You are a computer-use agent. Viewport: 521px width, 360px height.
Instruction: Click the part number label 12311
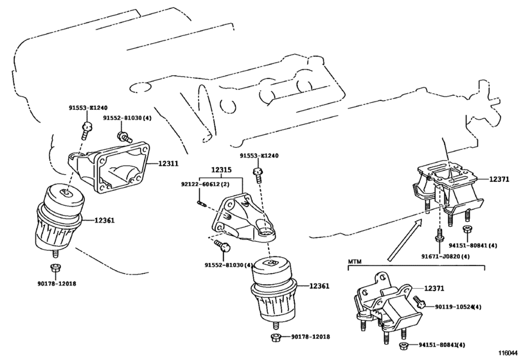pyautogui.click(x=168, y=163)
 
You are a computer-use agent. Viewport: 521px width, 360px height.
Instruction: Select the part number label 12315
pyautogui.click(x=221, y=170)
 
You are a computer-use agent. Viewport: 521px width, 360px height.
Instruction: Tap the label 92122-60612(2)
pyautogui.click(x=200, y=184)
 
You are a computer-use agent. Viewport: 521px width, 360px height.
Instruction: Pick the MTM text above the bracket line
pyautogui.click(x=355, y=262)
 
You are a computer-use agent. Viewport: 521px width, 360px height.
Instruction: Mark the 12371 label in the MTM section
pyautogui.click(x=434, y=289)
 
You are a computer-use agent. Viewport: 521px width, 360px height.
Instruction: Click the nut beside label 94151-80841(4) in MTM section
pyautogui.click(x=403, y=345)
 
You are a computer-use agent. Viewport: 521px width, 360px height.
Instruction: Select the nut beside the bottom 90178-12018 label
pyautogui.click(x=274, y=337)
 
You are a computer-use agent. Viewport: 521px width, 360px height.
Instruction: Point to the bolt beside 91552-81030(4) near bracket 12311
pyautogui.click(x=123, y=136)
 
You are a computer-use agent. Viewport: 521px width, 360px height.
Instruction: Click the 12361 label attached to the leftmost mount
pyautogui.click(x=104, y=220)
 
